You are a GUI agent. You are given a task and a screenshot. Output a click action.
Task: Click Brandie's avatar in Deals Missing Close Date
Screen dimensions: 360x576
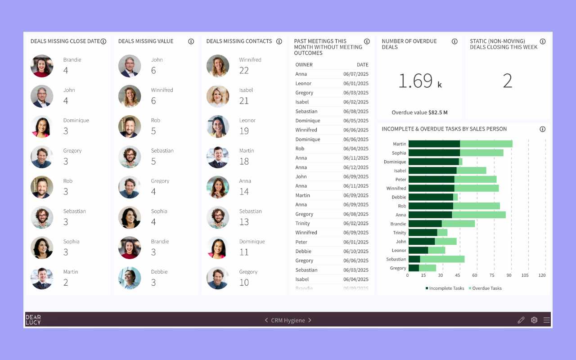click(x=42, y=66)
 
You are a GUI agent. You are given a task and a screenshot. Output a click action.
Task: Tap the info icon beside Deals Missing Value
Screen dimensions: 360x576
click(x=191, y=41)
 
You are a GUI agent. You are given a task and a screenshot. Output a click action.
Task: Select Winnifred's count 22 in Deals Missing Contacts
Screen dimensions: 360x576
click(x=244, y=70)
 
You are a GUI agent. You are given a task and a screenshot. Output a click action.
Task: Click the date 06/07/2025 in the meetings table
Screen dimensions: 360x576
click(x=355, y=74)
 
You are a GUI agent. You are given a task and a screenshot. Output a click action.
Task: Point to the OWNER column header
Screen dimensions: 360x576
click(x=304, y=65)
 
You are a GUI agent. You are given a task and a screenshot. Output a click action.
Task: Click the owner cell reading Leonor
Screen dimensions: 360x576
click(x=303, y=83)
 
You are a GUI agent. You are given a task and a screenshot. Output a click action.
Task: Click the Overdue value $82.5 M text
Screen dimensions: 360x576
click(x=419, y=112)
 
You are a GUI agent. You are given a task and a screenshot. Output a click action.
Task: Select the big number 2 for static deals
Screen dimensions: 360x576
click(x=507, y=81)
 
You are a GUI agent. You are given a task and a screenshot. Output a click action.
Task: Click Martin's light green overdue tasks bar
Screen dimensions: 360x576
click(x=486, y=144)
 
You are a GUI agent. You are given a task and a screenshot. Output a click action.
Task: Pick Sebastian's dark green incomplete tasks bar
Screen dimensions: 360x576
click(x=414, y=259)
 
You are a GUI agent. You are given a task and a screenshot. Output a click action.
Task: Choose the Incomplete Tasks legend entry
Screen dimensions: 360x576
click(x=445, y=288)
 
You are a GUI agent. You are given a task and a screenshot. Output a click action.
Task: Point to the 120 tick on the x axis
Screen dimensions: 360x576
click(x=542, y=275)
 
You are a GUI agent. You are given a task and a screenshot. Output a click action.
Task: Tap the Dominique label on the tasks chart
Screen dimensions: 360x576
click(x=395, y=162)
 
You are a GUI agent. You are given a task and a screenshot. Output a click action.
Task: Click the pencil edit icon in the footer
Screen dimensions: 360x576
click(x=521, y=320)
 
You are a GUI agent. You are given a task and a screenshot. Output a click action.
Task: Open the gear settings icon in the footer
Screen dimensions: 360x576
click(x=534, y=320)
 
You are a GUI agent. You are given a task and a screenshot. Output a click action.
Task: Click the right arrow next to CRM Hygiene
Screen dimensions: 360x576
click(x=310, y=320)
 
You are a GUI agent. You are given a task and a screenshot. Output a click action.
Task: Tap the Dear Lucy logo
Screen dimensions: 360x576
click(x=33, y=320)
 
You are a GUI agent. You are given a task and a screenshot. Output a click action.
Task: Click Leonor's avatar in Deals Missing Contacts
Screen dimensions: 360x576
click(x=218, y=127)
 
